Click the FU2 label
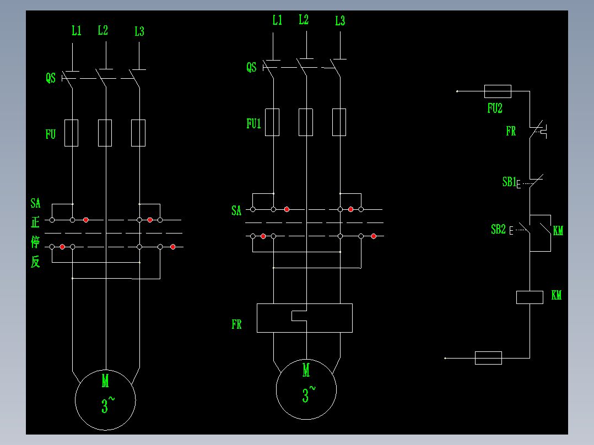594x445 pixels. (x=495, y=108)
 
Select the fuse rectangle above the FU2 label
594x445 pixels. (x=497, y=91)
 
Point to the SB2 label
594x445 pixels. (x=498, y=230)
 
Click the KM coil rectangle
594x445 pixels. (x=530, y=297)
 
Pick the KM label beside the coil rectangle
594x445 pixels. (x=557, y=296)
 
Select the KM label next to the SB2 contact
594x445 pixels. (x=558, y=231)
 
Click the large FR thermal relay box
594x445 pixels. (x=305, y=318)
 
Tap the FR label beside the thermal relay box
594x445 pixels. (x=236, y=324)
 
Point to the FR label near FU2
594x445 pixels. (x=511, y=132)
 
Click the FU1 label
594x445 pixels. (x=253, y=124)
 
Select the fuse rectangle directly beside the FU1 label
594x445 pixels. (x=272, y=122)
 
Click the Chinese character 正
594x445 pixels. (x=35, y=223)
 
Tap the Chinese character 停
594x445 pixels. (x=35, y=243)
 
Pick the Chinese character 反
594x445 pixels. (x=35, y=262)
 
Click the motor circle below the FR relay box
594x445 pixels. (x=306, y=389)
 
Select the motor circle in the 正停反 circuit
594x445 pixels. (x=105, y=399)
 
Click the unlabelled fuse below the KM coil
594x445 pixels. (x=488, y=358)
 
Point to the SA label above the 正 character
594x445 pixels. (x=35, y=204)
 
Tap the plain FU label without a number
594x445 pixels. (x=50, y=134)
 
